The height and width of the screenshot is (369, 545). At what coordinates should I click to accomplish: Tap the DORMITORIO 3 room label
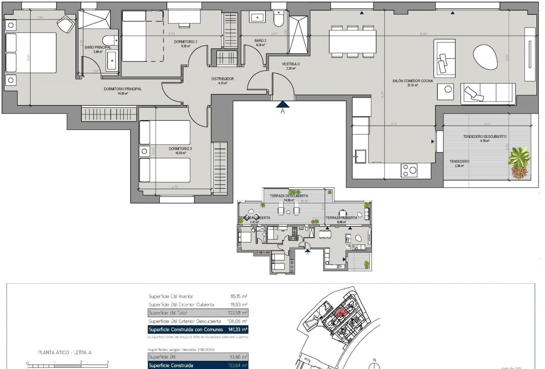[180, 148]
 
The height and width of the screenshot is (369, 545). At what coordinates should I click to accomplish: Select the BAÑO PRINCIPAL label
[98, 47]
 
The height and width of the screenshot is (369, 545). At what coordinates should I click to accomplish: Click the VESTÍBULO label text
[291, 64]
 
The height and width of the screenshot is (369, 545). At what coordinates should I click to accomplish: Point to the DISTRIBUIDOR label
[223, 79]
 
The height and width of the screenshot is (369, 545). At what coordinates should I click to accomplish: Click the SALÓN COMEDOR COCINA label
[412, 81]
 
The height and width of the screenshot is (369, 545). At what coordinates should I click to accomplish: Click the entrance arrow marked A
[283, 106]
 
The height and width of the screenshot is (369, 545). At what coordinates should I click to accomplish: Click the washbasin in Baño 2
[258, 18]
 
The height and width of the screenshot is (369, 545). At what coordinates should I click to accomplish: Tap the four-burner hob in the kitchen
[409, 171]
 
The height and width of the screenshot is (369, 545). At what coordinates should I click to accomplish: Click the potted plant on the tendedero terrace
[519, 162]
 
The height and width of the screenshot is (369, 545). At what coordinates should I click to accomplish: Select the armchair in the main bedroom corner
[65, 24]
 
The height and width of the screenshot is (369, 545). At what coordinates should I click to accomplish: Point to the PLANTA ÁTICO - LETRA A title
[64, 353]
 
